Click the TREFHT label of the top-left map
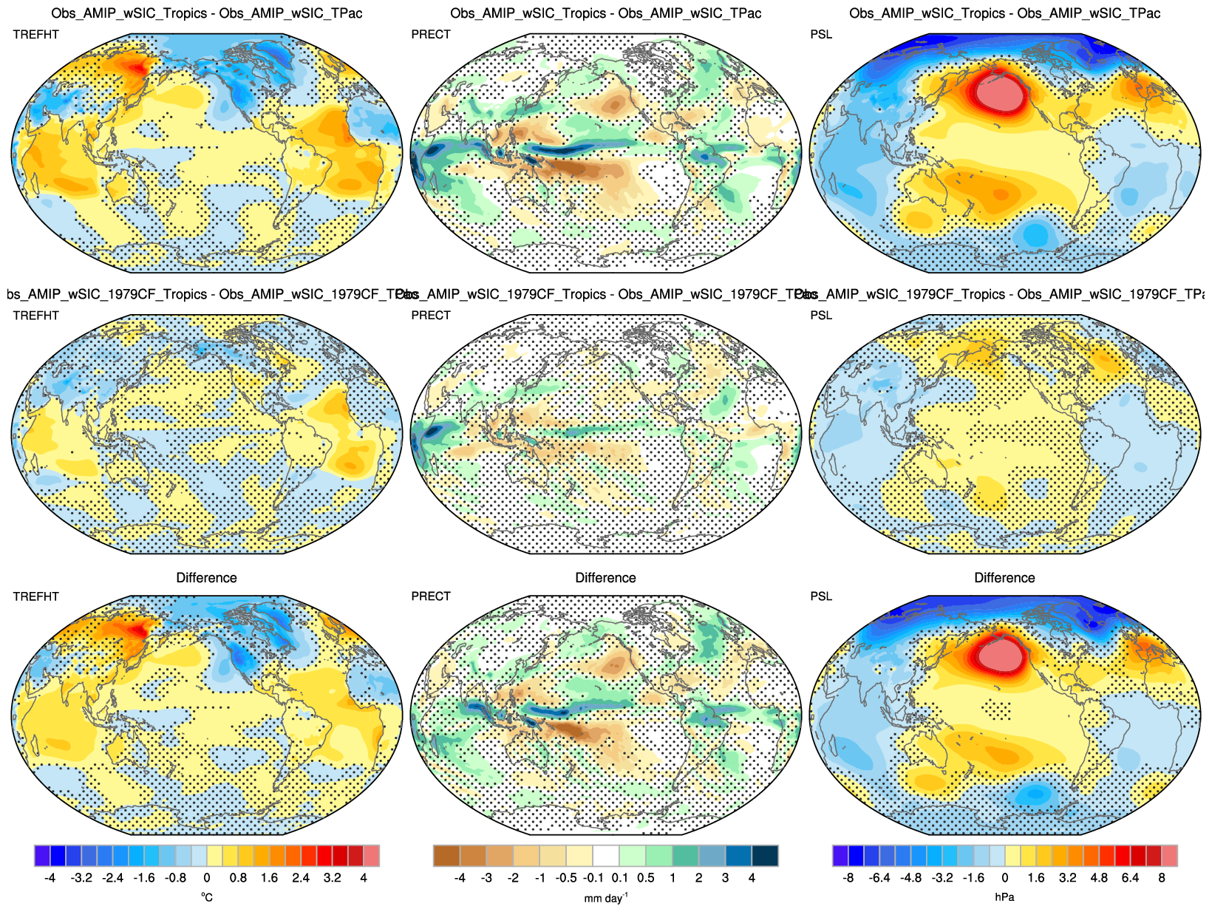35,35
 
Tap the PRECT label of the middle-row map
431,316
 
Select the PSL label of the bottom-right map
821,596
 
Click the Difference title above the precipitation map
605,578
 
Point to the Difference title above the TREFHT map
206,578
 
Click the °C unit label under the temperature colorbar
207,897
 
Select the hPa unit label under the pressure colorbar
1004,897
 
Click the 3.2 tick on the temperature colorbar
332,878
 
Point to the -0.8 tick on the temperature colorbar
175,878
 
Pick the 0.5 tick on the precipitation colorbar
645,878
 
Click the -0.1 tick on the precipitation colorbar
593,878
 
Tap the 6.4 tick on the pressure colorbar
1130,878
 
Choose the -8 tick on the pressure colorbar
848,878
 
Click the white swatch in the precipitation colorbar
606,856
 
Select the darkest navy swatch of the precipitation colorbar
765,856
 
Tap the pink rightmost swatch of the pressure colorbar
1169,856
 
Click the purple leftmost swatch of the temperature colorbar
42,856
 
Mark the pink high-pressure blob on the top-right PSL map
1002,95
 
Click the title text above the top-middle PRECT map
605,13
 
